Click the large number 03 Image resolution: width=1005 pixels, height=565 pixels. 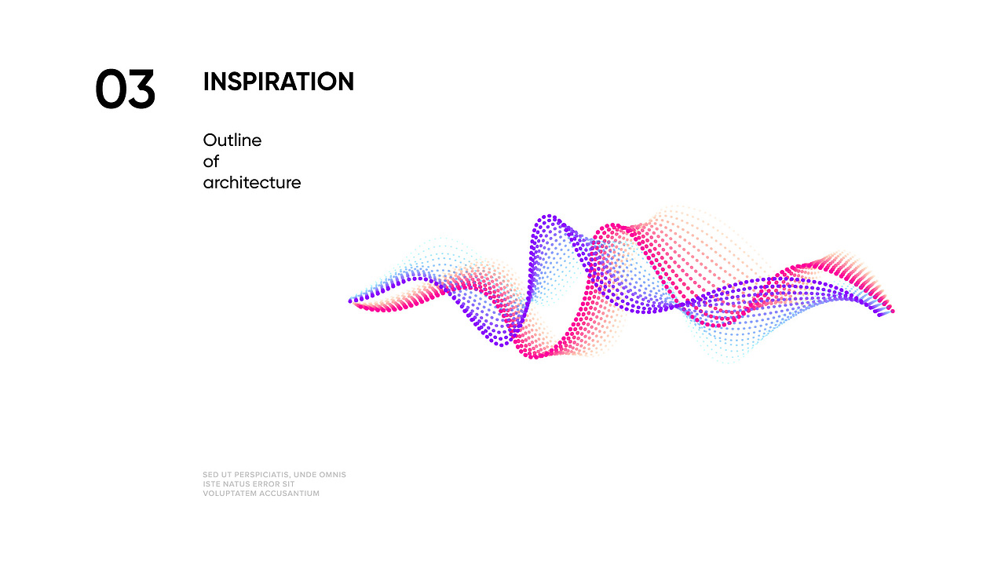[125, 89]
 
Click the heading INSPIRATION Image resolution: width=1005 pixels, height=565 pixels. [279, 82]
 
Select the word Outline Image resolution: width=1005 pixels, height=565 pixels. [232, 140]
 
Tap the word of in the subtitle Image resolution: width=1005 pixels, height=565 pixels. [211, 161]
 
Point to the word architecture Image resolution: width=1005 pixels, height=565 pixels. [252, 183]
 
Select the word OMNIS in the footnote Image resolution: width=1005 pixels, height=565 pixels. [332, 475]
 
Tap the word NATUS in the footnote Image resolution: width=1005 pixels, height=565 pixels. [236, 484]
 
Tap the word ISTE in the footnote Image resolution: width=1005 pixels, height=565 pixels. [211, 484]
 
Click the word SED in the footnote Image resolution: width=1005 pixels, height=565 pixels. [210, 475]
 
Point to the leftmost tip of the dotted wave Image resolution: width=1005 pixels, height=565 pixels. [350, 301]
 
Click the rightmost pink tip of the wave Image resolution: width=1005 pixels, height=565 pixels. [893, 312]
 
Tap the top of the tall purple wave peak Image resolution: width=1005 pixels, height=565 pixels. [549, 217]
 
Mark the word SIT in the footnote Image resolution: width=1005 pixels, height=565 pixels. [289, 484]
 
